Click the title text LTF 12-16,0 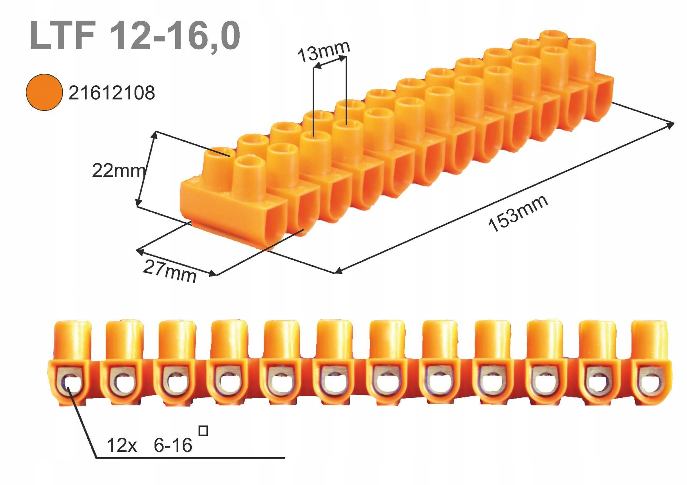(135, 36)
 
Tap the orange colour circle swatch (44, 92)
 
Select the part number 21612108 (112, 93)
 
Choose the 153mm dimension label (518, 213)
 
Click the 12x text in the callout (122, 446)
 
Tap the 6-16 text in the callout (173, 446)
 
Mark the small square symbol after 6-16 (203, 431)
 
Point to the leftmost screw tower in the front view (73, 340)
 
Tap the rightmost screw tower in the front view (649, 340)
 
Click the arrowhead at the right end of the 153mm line (671, 125)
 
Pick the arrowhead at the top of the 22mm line (155, 134)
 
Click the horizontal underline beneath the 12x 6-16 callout (191, 458)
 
